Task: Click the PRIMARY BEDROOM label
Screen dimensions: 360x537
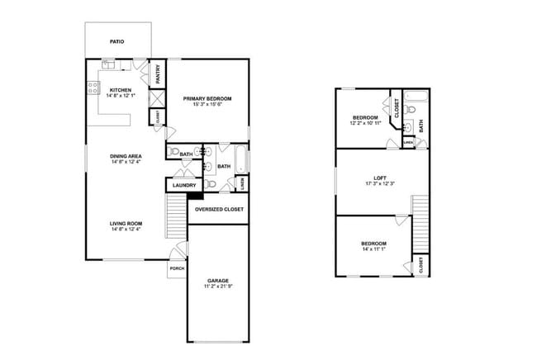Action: (x=207, y=98)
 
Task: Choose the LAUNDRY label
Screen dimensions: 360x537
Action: (x=185, y=185)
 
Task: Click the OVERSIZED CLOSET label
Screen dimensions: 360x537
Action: (x=219, y=210)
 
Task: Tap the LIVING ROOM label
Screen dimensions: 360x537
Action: (x=127, y=223)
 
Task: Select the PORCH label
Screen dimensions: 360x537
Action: (x=177, y=268)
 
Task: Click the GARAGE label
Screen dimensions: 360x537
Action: (x=219, y=281)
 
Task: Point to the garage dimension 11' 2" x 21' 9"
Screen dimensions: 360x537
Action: (x=219, y=287)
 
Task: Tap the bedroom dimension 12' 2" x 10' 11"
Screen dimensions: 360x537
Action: (x=364, y=124)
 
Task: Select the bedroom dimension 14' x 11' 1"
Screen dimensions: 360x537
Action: (x=373, y=249)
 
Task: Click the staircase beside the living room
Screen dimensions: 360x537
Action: (x=176, y=216)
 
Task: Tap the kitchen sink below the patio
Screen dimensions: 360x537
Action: (x=108, y=64)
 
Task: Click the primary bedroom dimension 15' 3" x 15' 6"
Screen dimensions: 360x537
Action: (x=207, y=104)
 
